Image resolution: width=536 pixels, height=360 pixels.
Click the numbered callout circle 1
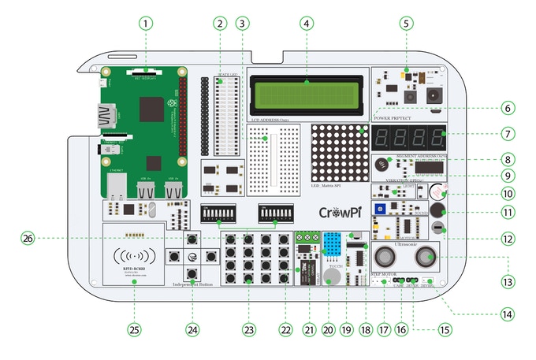(144, 24)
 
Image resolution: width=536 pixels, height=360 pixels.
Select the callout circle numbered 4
(306, 24)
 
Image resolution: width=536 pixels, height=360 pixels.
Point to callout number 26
(29, 237)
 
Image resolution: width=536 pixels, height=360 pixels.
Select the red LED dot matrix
(341, 154)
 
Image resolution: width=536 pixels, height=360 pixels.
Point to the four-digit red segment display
(410, 135)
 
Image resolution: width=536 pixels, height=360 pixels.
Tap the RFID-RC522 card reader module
(133, 255)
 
